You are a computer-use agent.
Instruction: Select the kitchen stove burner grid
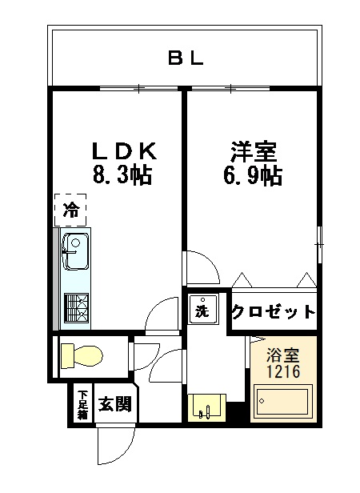tap(76, 307)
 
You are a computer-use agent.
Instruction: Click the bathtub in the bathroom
tap(282, 402)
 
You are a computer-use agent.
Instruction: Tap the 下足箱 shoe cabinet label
tap(82, 404)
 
